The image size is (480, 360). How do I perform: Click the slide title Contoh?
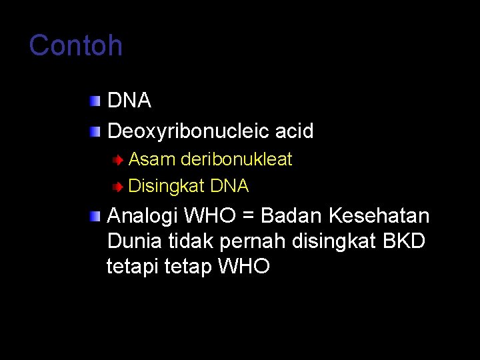(x=76, y=46)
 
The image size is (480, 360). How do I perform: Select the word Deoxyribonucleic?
(x=189, y=131)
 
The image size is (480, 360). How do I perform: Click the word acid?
(x=295, y=131)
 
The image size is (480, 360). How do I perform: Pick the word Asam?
(x=149, y=159)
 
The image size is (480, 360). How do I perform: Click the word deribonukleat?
(x=236, y=159)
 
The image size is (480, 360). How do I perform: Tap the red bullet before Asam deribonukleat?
(x=117, y=160)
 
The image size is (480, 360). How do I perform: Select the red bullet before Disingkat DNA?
(x=117, y=187)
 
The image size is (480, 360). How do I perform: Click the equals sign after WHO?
(x=248, y=216)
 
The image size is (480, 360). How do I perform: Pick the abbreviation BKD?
(x=405, y=241)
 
